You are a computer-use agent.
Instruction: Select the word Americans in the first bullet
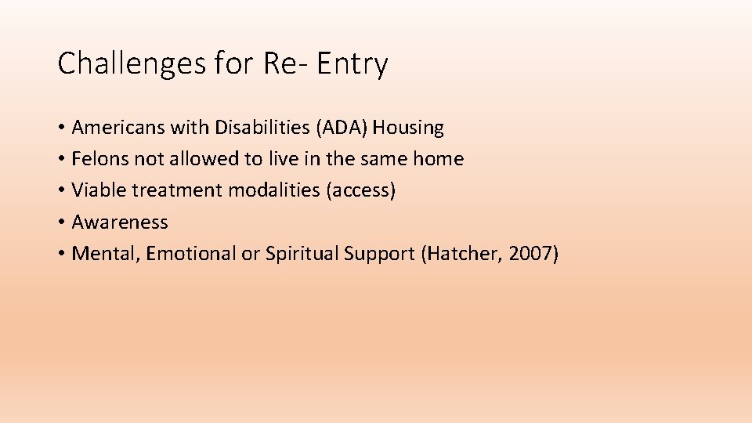[116, 128]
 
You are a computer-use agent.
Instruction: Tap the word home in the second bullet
[438, 159]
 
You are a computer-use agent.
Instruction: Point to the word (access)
[366, 190]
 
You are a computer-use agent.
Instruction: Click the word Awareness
[120, 222]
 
